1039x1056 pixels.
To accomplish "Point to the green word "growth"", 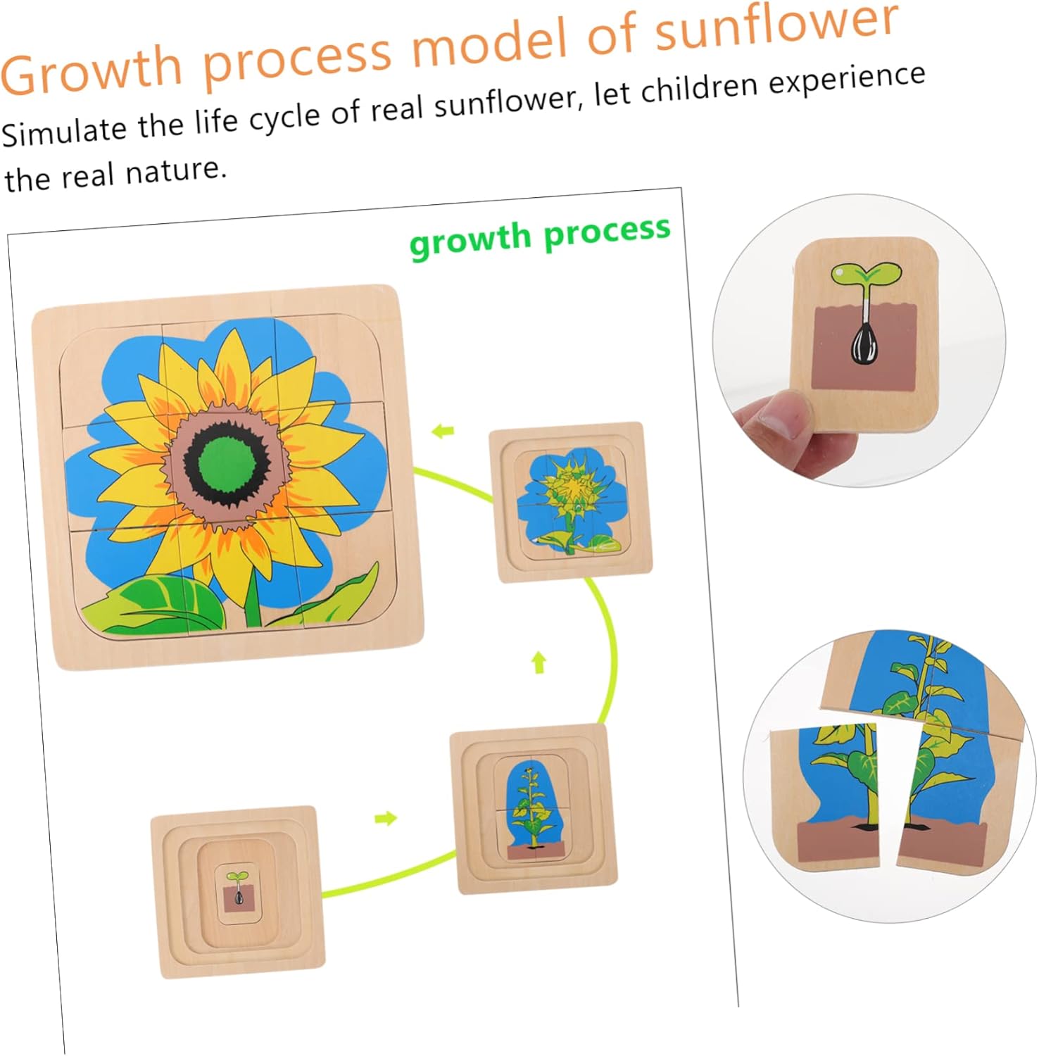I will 470,240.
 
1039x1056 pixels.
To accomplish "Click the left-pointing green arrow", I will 443,431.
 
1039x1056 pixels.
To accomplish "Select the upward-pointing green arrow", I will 539,662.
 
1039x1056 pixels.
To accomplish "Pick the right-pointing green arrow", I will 385,818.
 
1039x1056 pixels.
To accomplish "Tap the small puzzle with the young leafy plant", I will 534,810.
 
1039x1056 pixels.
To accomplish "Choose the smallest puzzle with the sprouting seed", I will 238,892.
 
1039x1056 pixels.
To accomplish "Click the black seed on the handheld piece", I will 865,344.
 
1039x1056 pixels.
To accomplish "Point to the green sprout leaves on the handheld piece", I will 865,275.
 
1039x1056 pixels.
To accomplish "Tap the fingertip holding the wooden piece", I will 774,415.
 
